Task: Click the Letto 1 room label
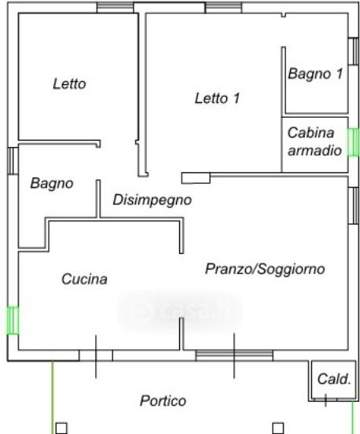pos(217,98)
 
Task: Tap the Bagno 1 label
pos(315,74)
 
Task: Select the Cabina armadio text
pos(314,142)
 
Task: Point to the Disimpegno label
pos(152,200)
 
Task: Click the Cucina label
pos(84,279)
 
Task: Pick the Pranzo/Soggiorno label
pos(265,269)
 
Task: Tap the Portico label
pos(163,400)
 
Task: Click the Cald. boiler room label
pos(334,379)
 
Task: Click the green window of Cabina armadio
pos(354,142)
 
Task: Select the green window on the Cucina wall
pos(13,320)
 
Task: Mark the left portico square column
pos(61,428)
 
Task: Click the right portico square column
pos(278,428)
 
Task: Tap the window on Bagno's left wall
pos(13,161)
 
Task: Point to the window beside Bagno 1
pos(354,51)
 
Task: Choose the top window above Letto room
pos(115,8)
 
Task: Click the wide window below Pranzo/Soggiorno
pos(234,355)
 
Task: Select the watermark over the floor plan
pos(180,311)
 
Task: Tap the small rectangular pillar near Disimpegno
pos(196,178)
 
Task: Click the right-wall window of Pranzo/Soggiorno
pos(354,206)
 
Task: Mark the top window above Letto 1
pos(223,8)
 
